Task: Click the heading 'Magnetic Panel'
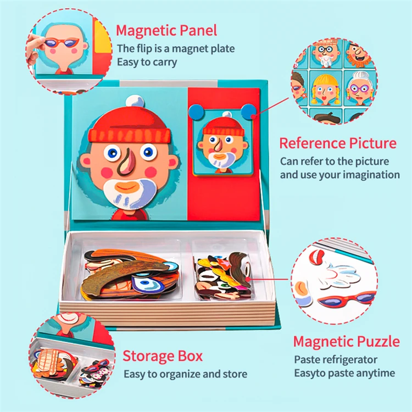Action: point(166,30)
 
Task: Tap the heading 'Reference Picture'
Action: point(338,143)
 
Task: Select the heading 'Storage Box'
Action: point(163,355)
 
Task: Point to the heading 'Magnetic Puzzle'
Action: point(346,341)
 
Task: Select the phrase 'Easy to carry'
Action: point(147,62)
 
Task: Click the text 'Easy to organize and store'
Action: point(185,374)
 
